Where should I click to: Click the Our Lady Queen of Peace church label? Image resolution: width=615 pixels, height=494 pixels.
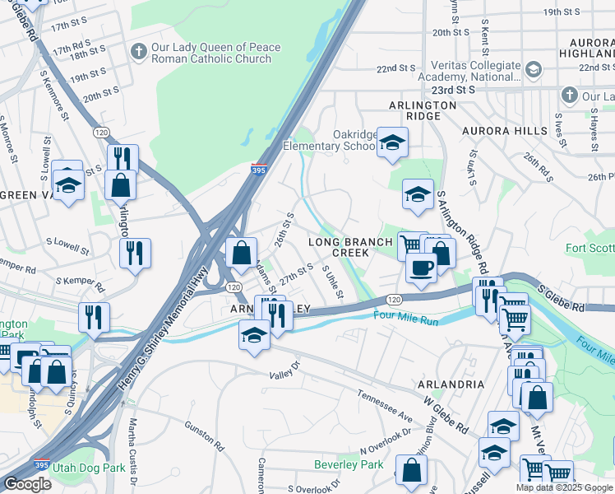click(x=217, y=53)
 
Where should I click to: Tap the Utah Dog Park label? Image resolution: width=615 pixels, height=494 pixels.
click(x=88, y=466)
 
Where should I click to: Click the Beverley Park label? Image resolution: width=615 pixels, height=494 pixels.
click(x=349, y=464)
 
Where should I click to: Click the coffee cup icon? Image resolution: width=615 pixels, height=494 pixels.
click(x=421, y=268)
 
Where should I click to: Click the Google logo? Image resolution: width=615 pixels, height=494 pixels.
click(x=27, y=484)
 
